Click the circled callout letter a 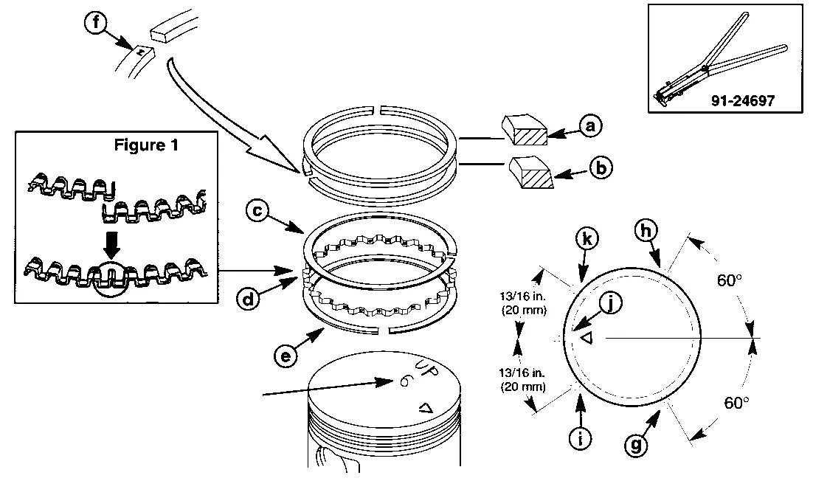pyautogui.click(x=589, y=126)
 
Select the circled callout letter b pyautogui.click(x=601, y=169)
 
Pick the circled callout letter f pyautogui.click(x=94, y=21)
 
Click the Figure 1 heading pyautogui.click(x=146, y=145)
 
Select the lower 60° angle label pyautogui.click(x=736, y=403)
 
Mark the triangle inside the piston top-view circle pyautogui.click(x=588, y=338)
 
